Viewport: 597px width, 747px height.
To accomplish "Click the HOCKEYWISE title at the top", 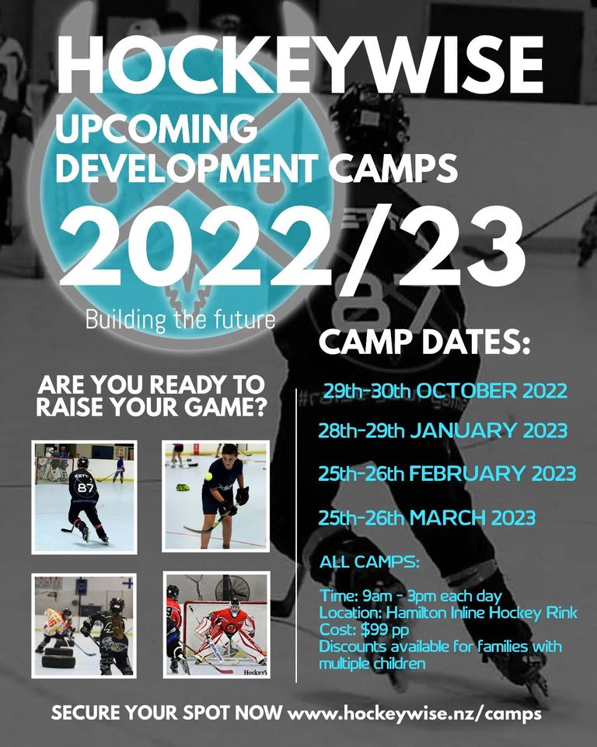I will [x=299, y=66].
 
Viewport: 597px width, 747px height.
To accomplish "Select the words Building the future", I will [x=180, y=320].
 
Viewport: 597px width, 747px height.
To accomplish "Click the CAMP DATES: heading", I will [x=424, y=342].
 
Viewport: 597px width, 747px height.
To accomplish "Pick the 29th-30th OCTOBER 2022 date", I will [x=445, y=391].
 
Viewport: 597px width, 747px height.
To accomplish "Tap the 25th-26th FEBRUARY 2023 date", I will [x=447, y=473].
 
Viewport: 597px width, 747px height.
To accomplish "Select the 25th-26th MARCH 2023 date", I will [x=427, y=517].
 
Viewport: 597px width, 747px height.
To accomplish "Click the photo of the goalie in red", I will [x=215, y=625].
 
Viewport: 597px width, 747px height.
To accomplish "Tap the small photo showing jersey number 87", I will [x=84, y=496].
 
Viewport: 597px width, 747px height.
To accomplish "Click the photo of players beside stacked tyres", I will [x=84, y=625].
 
